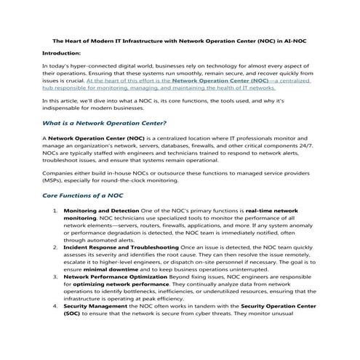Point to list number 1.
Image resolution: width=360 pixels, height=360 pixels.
pyautogui.click(x=56, y=210)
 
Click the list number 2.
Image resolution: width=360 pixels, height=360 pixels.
pyautogui.click(x=56, y=247)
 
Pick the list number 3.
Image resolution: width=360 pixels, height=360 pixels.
pyautogui.click(x=56, y=277)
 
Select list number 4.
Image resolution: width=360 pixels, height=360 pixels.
pyautogui.click(x=56, y=306)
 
